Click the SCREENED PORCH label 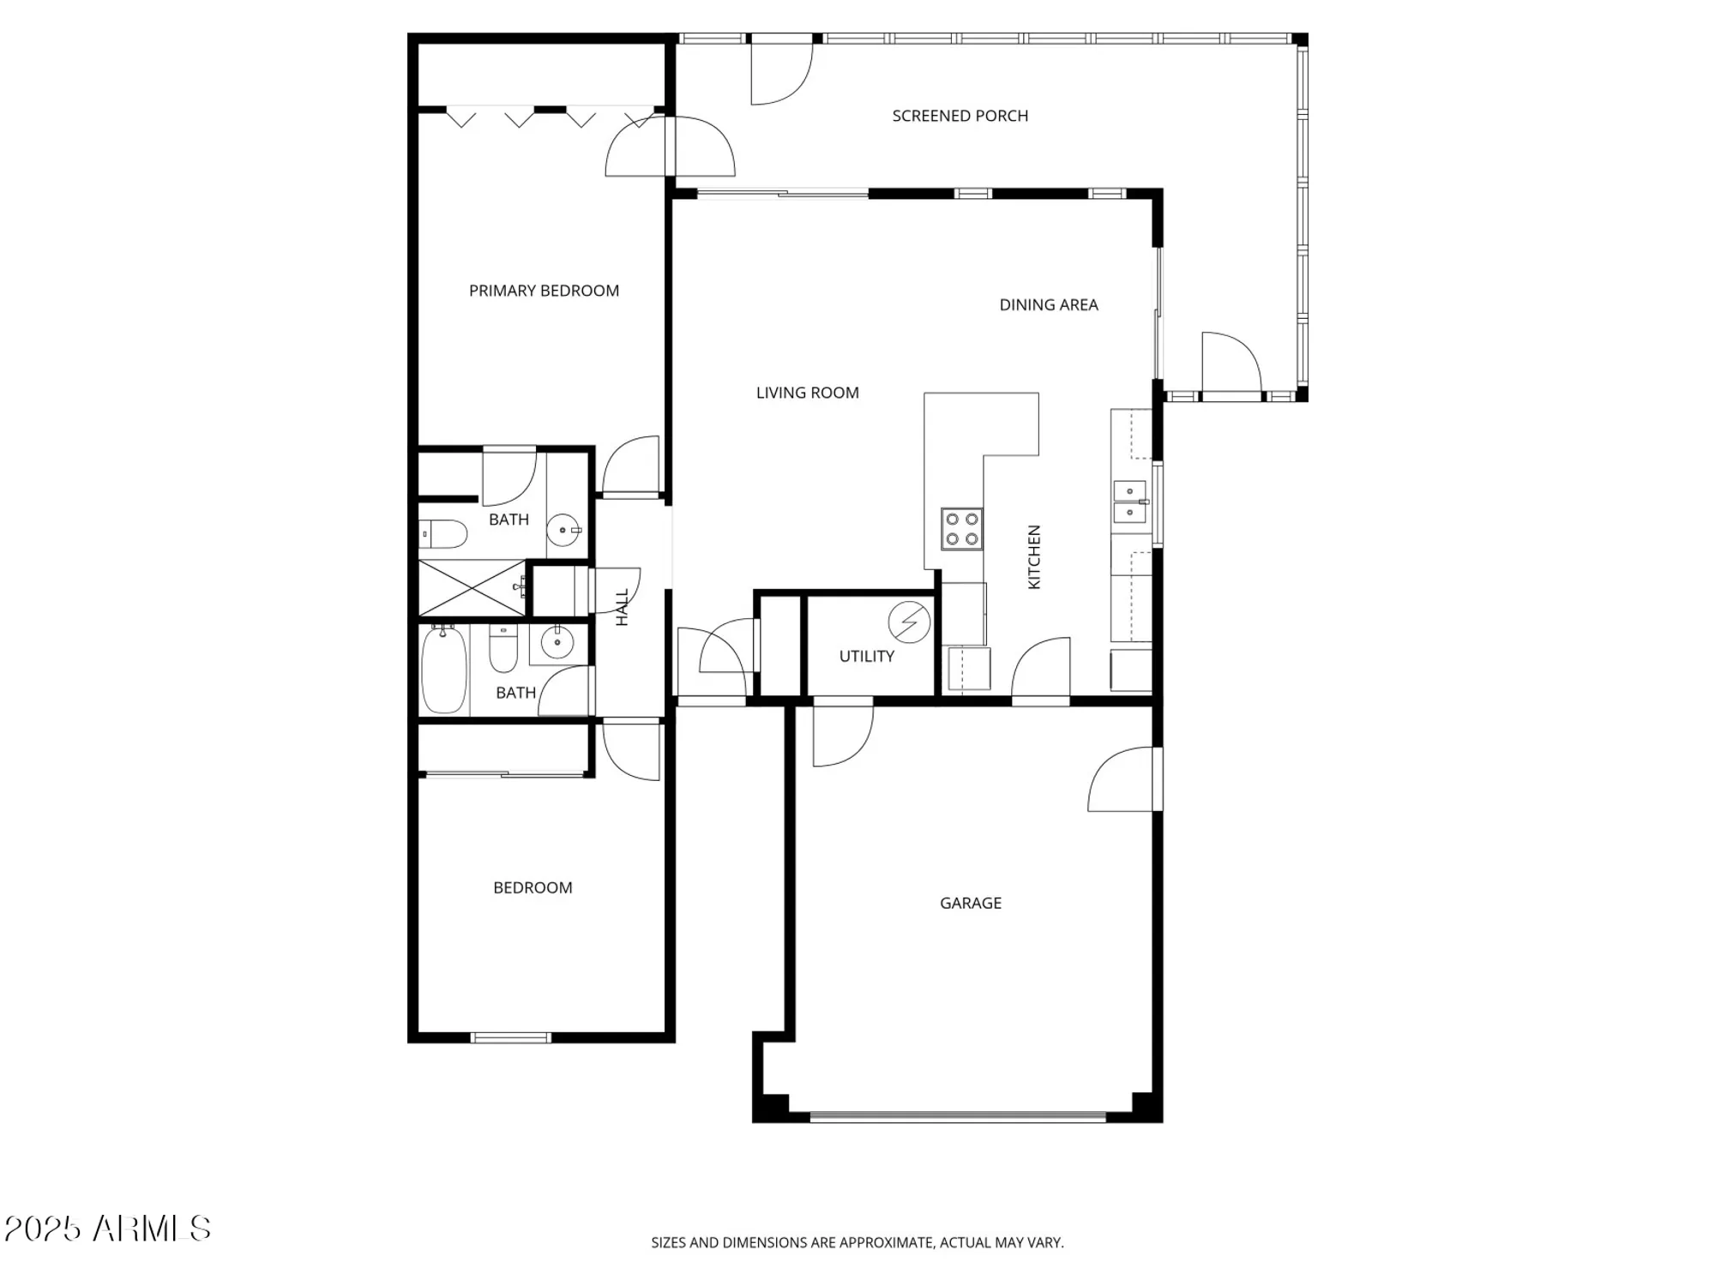click(x=960, y=116)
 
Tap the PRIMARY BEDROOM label click(x=544, y=291)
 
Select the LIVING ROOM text click(x=807, y=393)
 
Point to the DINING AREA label click(x=1048, y=304)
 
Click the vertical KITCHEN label click(x=1034, y=557)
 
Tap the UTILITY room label click(x=866, y=656)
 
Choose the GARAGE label click(x=970, y=903)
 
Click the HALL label click(x=623, y=607)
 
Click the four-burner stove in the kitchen click(x=961, y=529)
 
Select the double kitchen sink click(x=1129, y=502)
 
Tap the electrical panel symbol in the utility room click(x=909, y=622)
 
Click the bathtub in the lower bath click(x=444, y=670)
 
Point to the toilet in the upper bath click(x=443, y=534)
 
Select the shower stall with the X click(x=471, y=588)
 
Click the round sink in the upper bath click(x=563, y=530)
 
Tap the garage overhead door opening click(x=958, y=1117)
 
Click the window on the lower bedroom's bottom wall click(x=511, y=1038)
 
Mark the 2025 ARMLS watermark click(x=107, y=1229)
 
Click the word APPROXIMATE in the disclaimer click(x=886, y=1242)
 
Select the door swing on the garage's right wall click(x=1122, y=778)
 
